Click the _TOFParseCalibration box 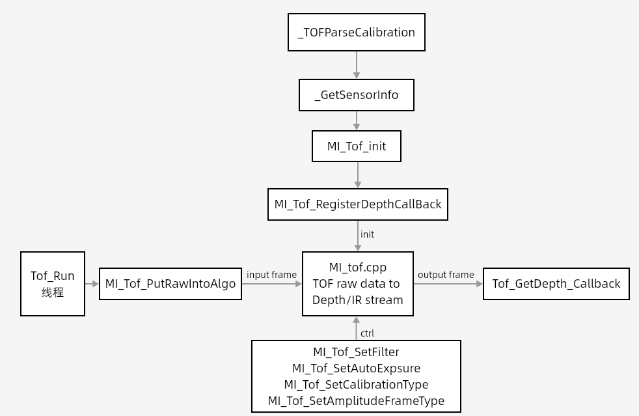tap(357, 32)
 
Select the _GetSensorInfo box tap(357, 95)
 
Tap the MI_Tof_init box tap(357, 146)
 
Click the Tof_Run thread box tap(53, 284)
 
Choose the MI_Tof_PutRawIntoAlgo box tap(170, 284)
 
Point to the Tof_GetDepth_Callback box tap(556, 284)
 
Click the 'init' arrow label tap(367, 234)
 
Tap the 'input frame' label tap(271, 275)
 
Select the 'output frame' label tap(446, 275)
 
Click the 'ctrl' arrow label tap(367, 333)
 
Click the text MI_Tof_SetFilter tap(356, 352)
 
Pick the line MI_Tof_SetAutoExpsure tap(356, 368)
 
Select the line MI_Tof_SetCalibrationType tap(356, 385)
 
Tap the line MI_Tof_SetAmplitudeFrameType tap(356, 401)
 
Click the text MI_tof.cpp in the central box tap(358, 267)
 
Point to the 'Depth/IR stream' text tap(358, 300)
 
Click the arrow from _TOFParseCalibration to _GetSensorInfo tap(357, 65)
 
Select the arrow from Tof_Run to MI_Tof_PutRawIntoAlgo tap(92, 284)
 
